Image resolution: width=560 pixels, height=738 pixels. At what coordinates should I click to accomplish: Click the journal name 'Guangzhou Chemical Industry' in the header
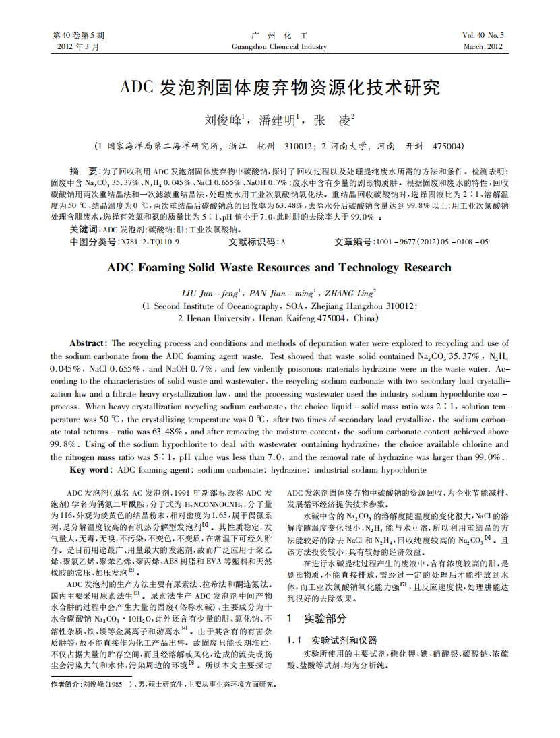[279, 47]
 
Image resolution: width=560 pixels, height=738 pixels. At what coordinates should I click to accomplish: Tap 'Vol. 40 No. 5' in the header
[483, 35]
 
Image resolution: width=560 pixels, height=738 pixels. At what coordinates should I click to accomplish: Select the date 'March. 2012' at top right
[483, 47]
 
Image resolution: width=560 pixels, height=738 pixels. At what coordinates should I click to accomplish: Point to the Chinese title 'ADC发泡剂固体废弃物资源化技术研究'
[279, 88]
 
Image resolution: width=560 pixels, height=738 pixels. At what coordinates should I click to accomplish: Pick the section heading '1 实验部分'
[317, 617]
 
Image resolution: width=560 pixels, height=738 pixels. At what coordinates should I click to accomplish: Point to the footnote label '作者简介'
[65, 684]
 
